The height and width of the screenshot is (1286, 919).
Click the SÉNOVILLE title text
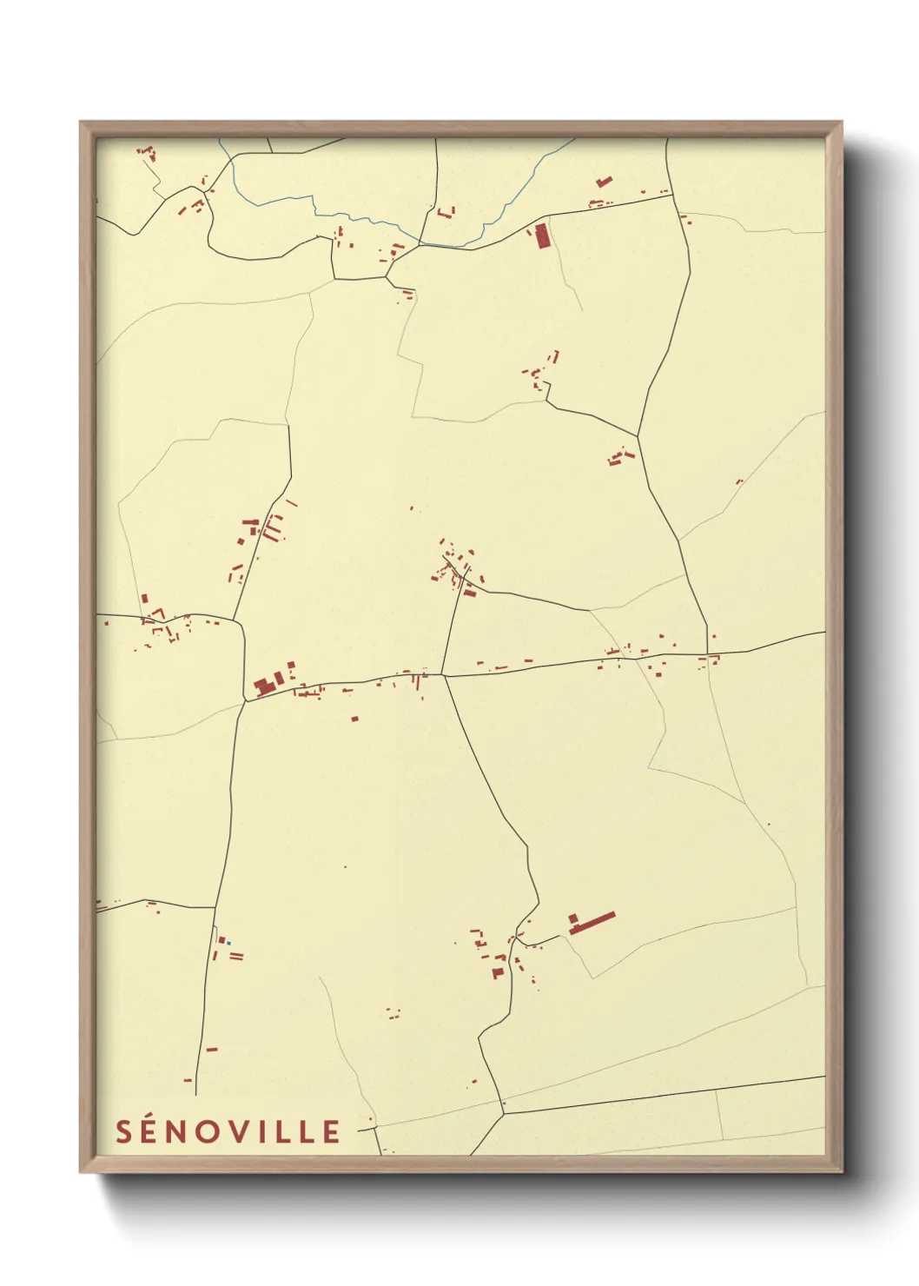228,1131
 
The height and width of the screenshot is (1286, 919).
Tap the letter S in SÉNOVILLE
124,1131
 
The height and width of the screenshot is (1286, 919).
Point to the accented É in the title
152,1130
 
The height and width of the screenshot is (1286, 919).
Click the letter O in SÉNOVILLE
211,1131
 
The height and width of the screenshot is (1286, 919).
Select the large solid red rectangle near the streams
542,235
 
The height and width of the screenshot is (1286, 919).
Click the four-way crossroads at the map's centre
443,675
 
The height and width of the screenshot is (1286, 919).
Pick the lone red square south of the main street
354,718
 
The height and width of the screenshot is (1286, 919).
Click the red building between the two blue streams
446,212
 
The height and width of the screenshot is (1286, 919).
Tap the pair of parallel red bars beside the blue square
236,956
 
